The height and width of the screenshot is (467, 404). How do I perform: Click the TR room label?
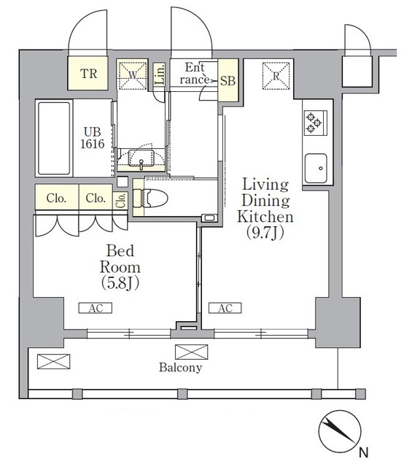tap(88, 74)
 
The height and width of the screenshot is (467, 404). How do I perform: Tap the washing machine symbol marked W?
tap(133, 74)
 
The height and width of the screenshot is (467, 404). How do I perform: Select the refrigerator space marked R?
tap(276, 76)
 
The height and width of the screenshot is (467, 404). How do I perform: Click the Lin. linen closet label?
tap(160, 74)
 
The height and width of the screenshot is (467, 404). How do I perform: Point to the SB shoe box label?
tap(228, 81)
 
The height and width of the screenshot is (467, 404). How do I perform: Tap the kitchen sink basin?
tap(316, 169)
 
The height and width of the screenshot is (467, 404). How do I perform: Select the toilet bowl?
tap(154, 198)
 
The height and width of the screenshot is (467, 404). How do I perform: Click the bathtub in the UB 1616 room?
tap(54, 138)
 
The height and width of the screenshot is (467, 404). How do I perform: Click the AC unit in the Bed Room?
tap(96, 308)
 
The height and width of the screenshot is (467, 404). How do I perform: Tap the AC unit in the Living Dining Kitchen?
tap(225, 308)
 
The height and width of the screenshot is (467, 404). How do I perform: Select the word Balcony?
tap(180, 367)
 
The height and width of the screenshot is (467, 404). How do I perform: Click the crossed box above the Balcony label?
tap(192, 352)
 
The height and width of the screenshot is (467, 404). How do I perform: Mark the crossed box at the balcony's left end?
tap(53, 362)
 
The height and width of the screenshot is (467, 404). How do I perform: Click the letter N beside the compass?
tap(363, 452)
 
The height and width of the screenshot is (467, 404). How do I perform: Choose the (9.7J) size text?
tap(265, 233)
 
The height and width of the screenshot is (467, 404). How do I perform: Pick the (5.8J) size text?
tap(120, 283)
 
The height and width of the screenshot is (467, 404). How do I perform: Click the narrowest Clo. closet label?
tap(121, 201)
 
